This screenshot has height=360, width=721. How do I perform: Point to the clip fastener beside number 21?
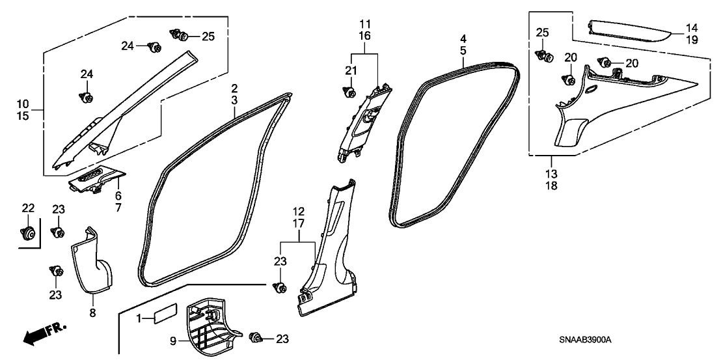click(350, 92)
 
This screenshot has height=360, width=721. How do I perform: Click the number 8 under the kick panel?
click(93, 313)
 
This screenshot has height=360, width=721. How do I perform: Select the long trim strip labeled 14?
click(629, 31)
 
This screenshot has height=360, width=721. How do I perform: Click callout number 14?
click(691, 27)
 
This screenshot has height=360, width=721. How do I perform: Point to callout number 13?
click(551, 174)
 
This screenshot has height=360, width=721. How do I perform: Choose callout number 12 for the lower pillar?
click(299, 212)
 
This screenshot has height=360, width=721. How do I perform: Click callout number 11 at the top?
click(365, 24)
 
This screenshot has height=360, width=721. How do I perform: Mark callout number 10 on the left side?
click(23, 104)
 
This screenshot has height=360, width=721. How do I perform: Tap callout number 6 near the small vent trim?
click(118, 196)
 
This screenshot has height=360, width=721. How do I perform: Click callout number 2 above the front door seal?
click(234, 87)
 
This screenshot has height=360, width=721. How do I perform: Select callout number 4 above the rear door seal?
click(463, 38)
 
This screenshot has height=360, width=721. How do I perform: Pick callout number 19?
click(691, 40)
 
